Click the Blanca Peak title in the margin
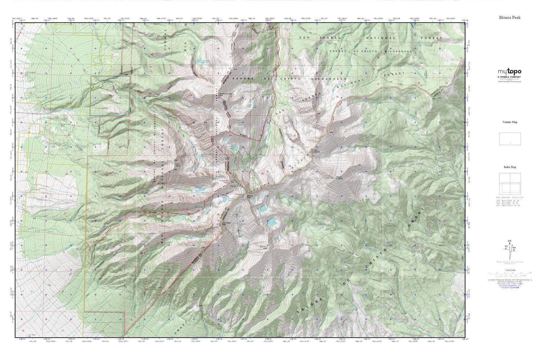509,17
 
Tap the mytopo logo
509,72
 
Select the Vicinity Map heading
510,122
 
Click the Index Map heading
509,167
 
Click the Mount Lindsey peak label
339,178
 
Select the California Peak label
226,94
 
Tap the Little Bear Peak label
226,224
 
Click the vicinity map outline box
510,139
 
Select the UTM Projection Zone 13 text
509,280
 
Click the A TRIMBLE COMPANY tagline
509,77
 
